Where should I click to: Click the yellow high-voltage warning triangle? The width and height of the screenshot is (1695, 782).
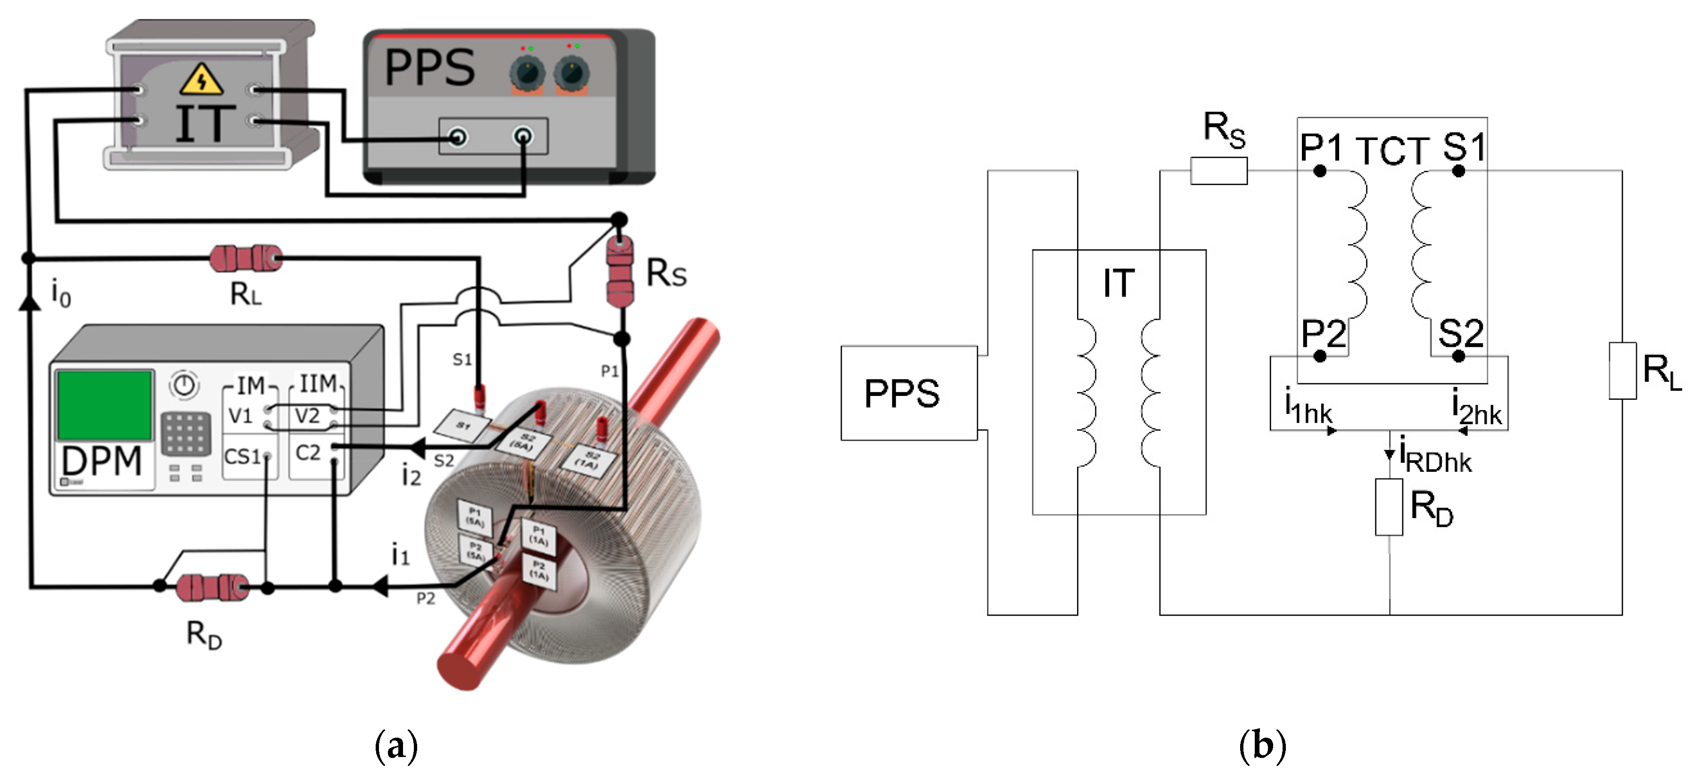point(201,80)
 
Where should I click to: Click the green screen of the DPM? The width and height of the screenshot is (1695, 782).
point(105,405)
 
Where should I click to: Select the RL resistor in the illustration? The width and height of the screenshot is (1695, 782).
point(246,258)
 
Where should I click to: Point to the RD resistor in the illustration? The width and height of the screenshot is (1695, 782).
point(213,587)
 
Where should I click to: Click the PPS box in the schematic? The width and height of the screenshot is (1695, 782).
point(908,393)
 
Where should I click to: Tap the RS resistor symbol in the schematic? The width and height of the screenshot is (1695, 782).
point(1218,171)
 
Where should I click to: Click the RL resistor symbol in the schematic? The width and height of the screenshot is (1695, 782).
point(1622,370)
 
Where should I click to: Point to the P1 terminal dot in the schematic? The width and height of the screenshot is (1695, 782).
point(1319,171)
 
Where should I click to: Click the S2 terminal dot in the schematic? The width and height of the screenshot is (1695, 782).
point(1458,356)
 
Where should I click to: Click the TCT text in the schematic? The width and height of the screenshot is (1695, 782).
point(1391,151)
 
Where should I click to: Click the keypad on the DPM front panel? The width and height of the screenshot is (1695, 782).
point(186,433)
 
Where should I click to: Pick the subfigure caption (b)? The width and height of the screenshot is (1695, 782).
point(1261,746)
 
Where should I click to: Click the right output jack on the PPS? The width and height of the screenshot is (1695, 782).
point(523,137)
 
